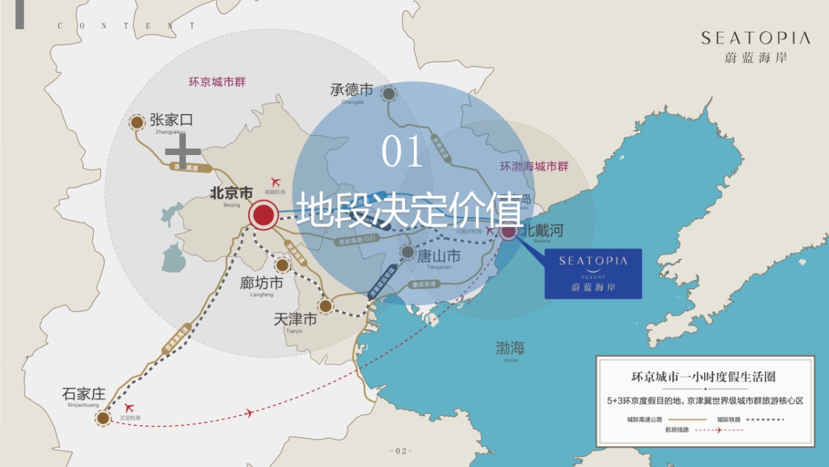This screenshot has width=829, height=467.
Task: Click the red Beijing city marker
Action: point(263,216)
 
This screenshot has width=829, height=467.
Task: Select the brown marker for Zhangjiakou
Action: point(137,122)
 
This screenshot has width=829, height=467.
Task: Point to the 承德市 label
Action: point(351,90)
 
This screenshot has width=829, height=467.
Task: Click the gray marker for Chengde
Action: point(389,94)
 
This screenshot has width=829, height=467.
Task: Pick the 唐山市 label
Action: point(439,255)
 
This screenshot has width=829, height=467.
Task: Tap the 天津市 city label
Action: point(295,320)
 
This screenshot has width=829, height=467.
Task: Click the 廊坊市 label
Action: point(261,284)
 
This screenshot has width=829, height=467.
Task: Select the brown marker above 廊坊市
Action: point(282,265)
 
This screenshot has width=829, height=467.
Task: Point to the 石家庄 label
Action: point(84,394)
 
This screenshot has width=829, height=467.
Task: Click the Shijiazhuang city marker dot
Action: point(103,417)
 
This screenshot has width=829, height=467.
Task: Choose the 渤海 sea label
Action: point(510,348)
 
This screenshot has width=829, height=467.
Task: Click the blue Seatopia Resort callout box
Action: point(593,273)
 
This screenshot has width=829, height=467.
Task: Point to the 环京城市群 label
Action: point(217,82)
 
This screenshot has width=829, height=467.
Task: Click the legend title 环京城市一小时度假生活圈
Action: point(703,377)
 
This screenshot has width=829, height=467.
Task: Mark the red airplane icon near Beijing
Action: point(278,182)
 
